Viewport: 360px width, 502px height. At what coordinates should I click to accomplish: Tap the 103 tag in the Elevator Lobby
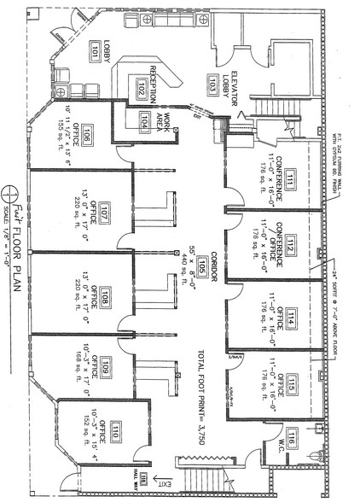212,83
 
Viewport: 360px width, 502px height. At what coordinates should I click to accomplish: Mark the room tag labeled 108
105,298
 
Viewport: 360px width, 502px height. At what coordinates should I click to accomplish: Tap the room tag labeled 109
105,369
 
